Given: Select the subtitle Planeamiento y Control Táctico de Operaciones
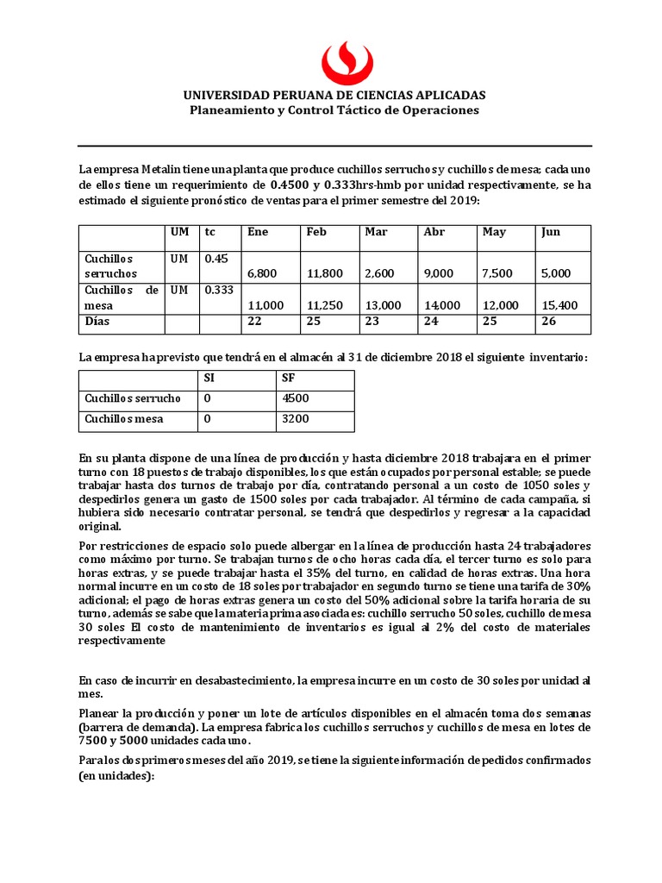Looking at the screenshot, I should [334, 110].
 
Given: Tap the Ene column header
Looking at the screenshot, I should [258, 232].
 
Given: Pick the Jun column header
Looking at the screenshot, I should [550, 232].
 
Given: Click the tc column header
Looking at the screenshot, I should [210, 232].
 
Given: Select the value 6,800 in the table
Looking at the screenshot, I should [262, 273].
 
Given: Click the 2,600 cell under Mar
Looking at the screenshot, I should [379, 273].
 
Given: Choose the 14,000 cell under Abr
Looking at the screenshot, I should [442, 305].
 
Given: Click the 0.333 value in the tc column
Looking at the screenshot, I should [219, 291].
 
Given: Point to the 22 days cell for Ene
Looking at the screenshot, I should [254, 321].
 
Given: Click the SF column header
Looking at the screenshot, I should [289, 378].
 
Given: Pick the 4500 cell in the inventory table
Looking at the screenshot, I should [294, 398].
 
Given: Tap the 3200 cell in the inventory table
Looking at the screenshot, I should [294, 420].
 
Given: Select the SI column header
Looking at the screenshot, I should [209, 378].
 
